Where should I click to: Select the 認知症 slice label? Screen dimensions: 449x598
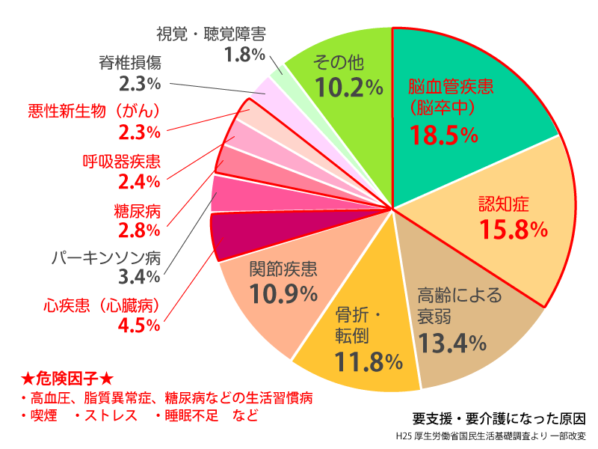[x=503, y=203]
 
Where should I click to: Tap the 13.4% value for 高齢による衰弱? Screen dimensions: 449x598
[x=452, y=343]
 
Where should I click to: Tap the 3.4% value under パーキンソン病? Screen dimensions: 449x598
[x=140, y=278]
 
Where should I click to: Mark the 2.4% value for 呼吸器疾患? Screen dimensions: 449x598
[x=140, y=181]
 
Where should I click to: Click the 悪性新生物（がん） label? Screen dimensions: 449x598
[x=95, y=111]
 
